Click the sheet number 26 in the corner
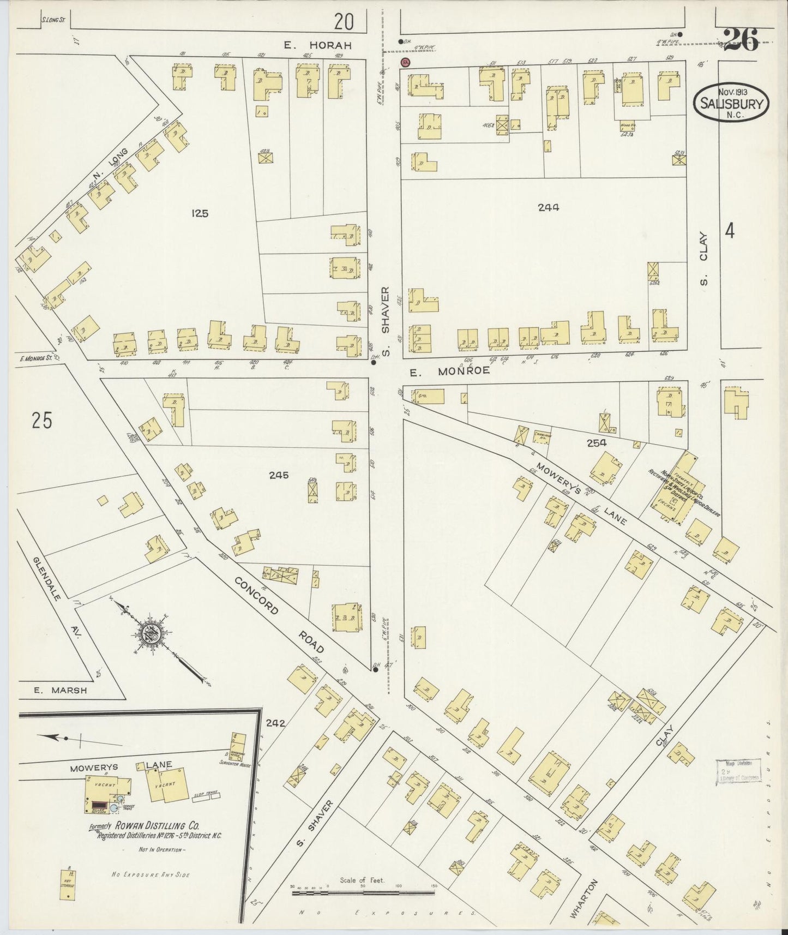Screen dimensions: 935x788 tap(741, 39)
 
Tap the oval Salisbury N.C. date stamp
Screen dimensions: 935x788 tap(731, 102)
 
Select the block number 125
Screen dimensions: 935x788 tap(200, 213)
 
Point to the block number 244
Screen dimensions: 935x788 tap(548, 207)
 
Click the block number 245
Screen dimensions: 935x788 tap(278, 475)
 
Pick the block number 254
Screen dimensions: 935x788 tap(597, 443)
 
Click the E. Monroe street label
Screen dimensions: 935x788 tap(449, 370)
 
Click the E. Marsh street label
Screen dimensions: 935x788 tap(52, 690)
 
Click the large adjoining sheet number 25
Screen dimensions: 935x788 tap(41, 421)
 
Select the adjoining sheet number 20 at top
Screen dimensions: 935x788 tap(344, 22)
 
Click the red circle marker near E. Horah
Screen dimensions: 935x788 tap(405, 63)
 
